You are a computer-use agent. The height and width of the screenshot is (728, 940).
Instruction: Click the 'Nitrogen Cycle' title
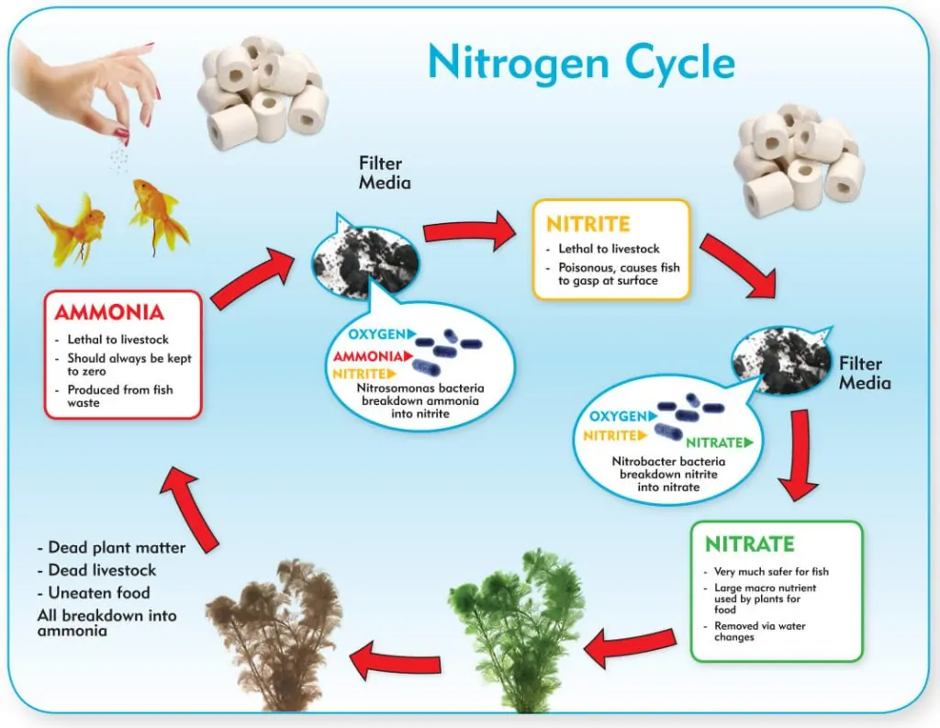(x=581, y=63)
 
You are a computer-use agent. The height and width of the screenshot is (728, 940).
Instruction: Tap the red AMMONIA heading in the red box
(x=109, y=312)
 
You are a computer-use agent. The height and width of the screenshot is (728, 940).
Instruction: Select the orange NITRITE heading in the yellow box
(x=588, y=224)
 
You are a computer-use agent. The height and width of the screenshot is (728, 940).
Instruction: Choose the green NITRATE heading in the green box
(x=750, y=543)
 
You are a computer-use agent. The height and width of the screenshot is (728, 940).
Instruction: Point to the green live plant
(x=517, y=630)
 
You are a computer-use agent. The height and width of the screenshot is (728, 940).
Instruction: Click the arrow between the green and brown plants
(x=395, y=660)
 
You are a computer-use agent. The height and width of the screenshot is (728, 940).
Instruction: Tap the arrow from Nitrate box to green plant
(x=630, y=647)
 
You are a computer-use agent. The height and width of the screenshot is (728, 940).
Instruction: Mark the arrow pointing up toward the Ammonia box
(x=188, y=508)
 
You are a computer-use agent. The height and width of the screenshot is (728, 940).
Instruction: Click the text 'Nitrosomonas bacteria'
(x=420, y=388)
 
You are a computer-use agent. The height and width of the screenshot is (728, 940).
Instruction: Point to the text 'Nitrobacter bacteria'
(x=668, y=461)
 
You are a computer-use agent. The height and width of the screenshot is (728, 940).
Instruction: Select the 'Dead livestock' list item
(x=96, y=570)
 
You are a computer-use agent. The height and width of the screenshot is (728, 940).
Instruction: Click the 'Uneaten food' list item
(x=94, y=592)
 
